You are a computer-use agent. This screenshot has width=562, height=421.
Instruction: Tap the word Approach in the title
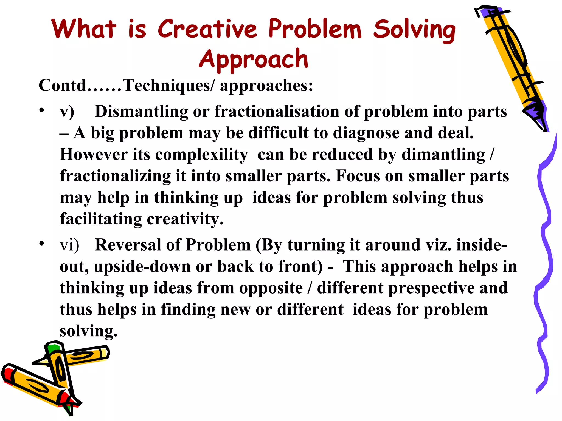254,59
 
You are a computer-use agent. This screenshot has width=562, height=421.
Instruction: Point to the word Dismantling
141,112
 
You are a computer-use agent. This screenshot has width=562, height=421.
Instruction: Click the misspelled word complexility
201,155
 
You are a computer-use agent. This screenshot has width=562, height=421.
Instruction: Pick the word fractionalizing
115,176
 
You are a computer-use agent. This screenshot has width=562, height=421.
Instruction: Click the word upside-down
142,266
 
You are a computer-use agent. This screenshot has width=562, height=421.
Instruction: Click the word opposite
271,288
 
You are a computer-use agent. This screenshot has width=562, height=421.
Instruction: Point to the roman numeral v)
67,112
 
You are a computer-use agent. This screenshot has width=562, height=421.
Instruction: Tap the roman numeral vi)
69,245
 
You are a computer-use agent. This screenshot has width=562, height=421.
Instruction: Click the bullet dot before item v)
41,110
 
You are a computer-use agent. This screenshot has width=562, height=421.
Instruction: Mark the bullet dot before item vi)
41,243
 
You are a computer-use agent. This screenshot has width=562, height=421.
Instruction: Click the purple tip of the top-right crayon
536,115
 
